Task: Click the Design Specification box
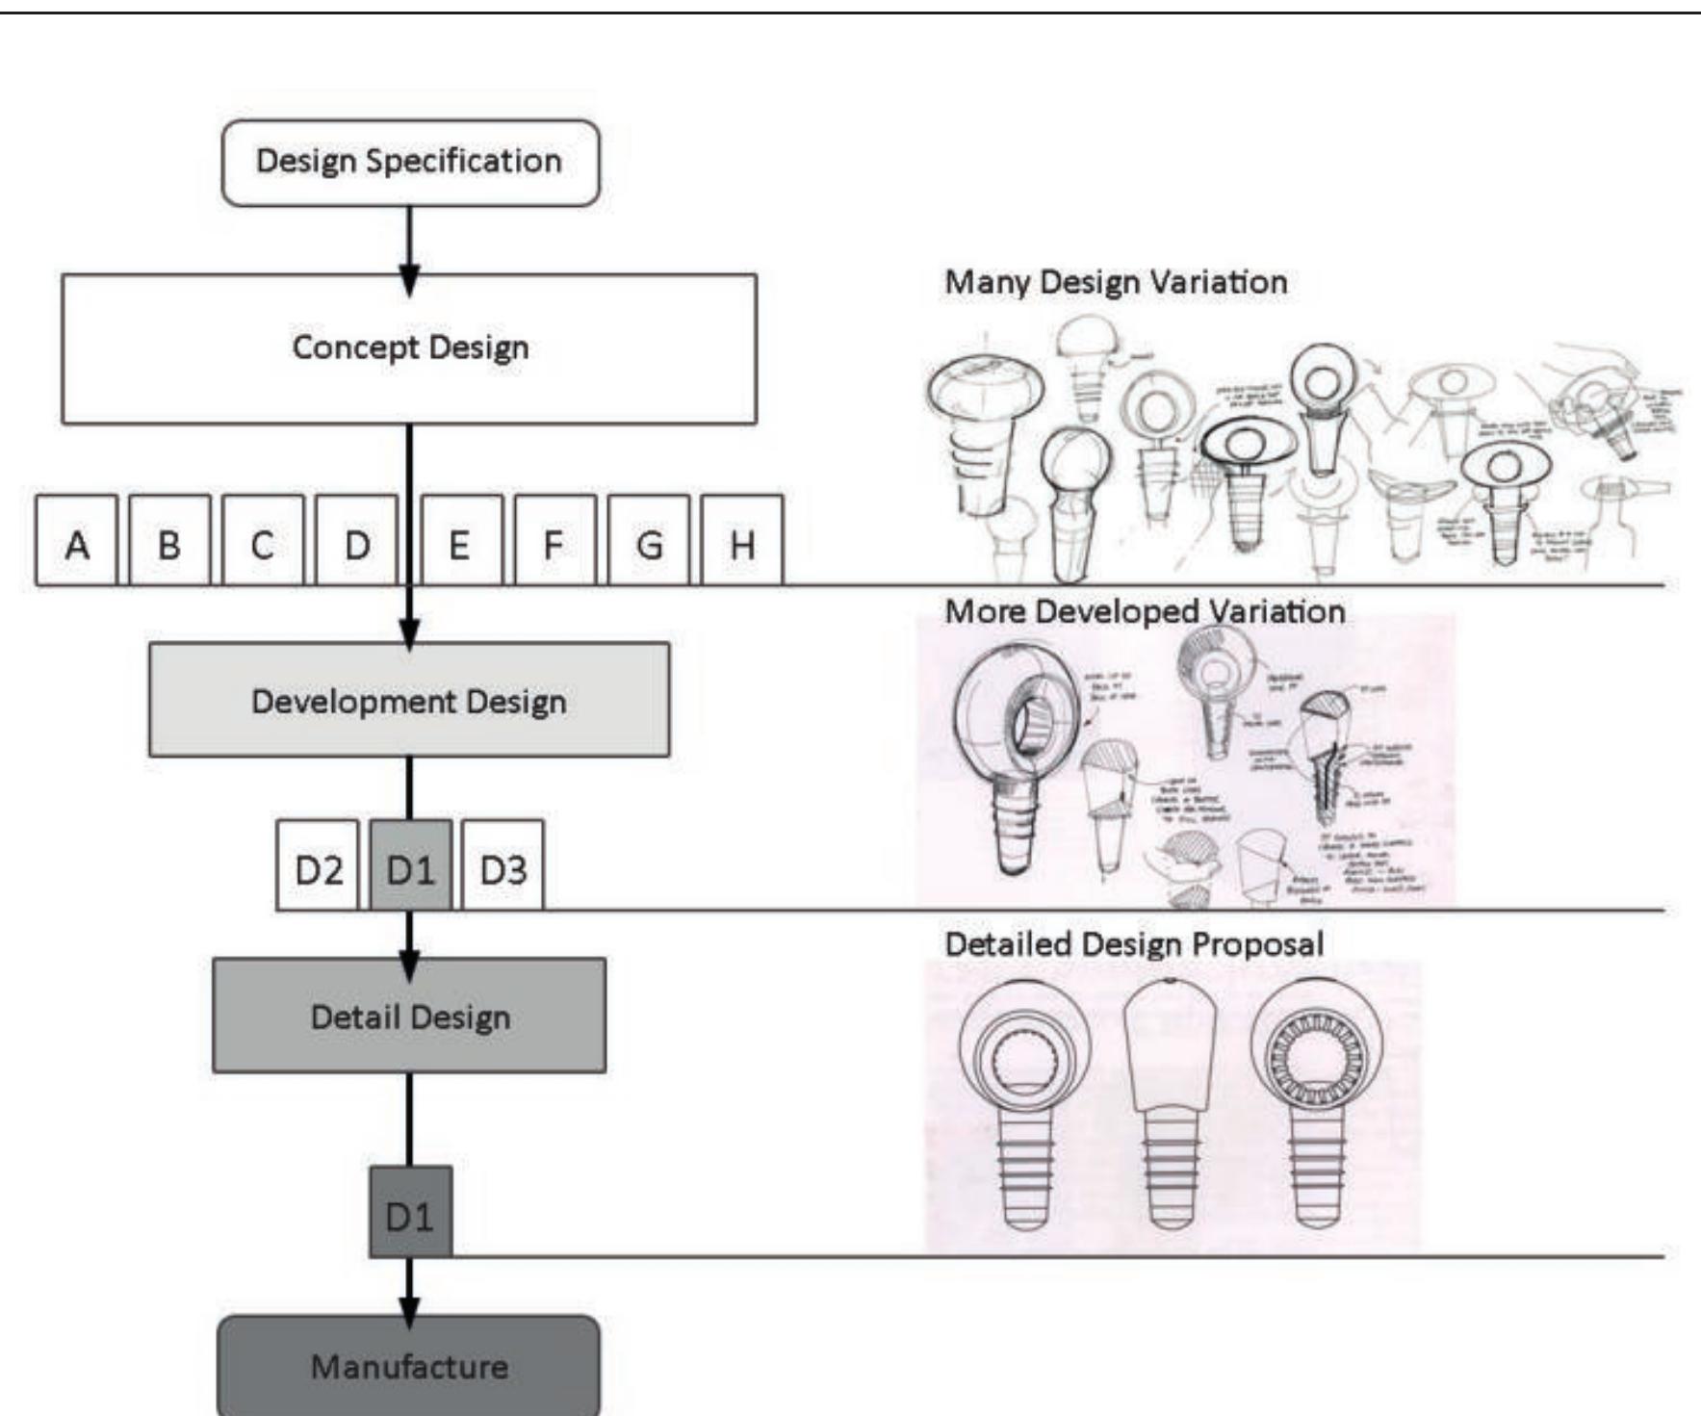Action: point(410,163)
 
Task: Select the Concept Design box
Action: point(409,348)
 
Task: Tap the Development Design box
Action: point(409,700)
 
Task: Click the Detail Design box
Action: point(409,1016)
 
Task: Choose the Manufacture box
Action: point(409,1366)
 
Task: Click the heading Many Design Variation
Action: point(1116,282)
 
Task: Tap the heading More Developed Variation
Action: point(1145,611)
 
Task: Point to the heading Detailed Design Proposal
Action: point(1134,943)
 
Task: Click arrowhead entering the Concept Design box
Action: point(409,281)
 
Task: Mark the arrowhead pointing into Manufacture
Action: point(409,1311)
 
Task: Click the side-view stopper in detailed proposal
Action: point(1171,1107)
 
